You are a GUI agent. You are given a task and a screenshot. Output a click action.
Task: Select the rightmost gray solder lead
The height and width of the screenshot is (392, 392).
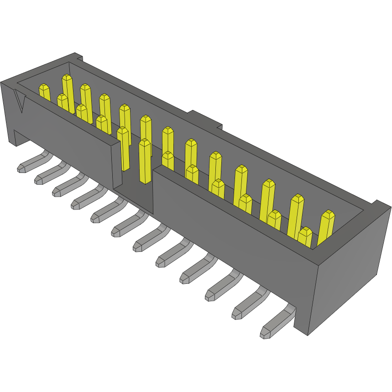tap(276, 324)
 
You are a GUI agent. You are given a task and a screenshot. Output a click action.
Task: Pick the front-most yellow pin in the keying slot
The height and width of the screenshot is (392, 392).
tap(145, 161)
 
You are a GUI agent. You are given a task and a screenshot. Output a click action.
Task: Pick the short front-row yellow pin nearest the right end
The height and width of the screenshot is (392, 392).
tap(305, 237)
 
